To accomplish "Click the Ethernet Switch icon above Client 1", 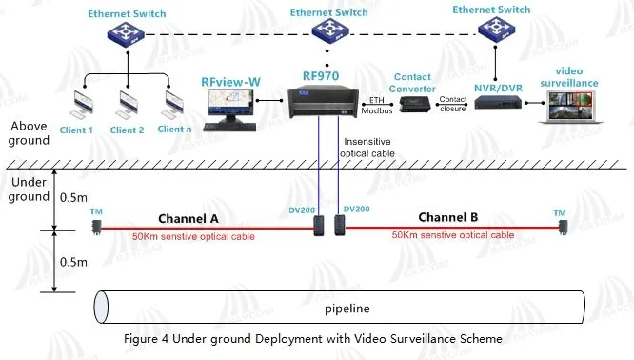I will coord(125,37).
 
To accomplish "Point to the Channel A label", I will coord(188,218).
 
